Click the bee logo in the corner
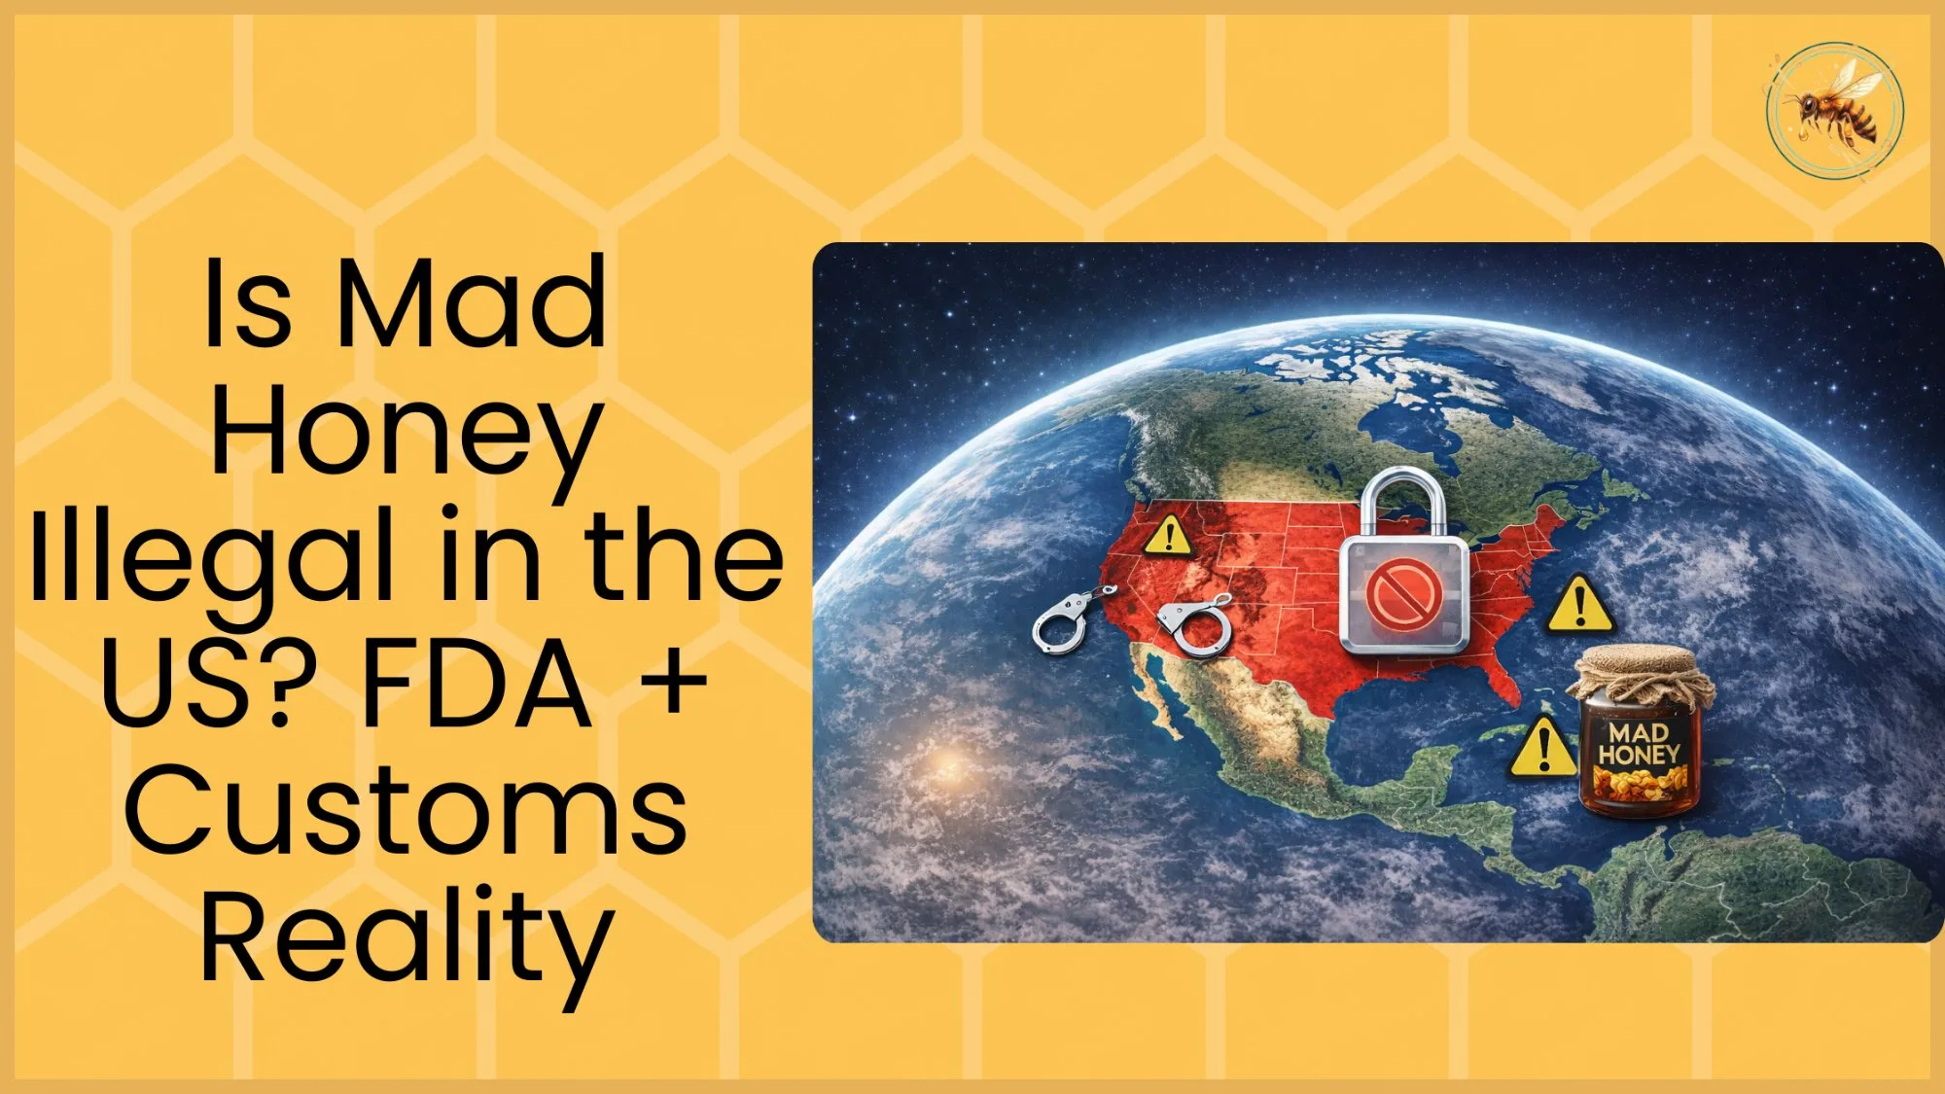1834,110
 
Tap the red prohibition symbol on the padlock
1403,595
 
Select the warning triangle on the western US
1168,536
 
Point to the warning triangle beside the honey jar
1542,750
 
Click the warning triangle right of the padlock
1580,605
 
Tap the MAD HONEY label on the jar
1639,744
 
